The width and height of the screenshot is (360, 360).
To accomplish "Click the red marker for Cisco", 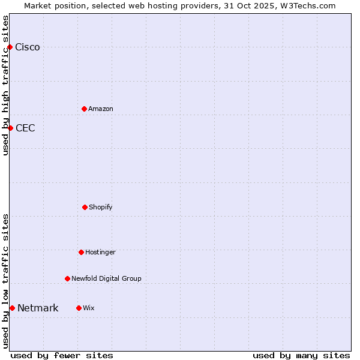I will click(x=10, y=47).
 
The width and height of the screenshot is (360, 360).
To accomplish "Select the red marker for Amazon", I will click(x=84, y=109).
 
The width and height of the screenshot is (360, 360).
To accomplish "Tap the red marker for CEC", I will click(x=10, y=128).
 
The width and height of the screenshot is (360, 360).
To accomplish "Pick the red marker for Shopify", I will click(x=85, y=207).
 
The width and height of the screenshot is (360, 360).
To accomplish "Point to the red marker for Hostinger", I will click(x=81, y=252).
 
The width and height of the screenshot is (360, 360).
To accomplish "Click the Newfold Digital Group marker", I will click(x=67, y=278).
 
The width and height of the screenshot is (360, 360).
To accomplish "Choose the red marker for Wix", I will click(x=79, y=308).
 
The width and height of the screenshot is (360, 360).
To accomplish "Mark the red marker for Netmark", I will click(x=12, y=308).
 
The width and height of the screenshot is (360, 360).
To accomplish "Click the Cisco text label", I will click(x=28, y=47).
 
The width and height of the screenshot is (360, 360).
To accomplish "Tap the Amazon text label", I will click(x=101, y=109).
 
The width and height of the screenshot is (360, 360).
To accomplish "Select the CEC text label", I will click(x=25, y=128).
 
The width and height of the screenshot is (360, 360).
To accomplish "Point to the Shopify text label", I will click(x=101, y=207).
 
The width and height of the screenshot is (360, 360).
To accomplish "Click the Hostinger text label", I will click(x=100, y=252).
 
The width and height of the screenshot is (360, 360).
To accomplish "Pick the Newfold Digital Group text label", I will click(x=107, y=278).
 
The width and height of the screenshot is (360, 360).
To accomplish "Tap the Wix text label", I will click(x=89, y=308).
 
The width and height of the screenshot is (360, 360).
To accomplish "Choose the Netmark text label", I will click(x=38, y=308).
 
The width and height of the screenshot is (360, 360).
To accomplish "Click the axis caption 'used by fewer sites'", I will click(x=62, y=355).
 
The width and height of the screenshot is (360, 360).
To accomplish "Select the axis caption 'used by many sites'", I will click(x=301, y=355).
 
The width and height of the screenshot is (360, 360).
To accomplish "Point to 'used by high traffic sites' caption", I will click(x=5, y=85).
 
